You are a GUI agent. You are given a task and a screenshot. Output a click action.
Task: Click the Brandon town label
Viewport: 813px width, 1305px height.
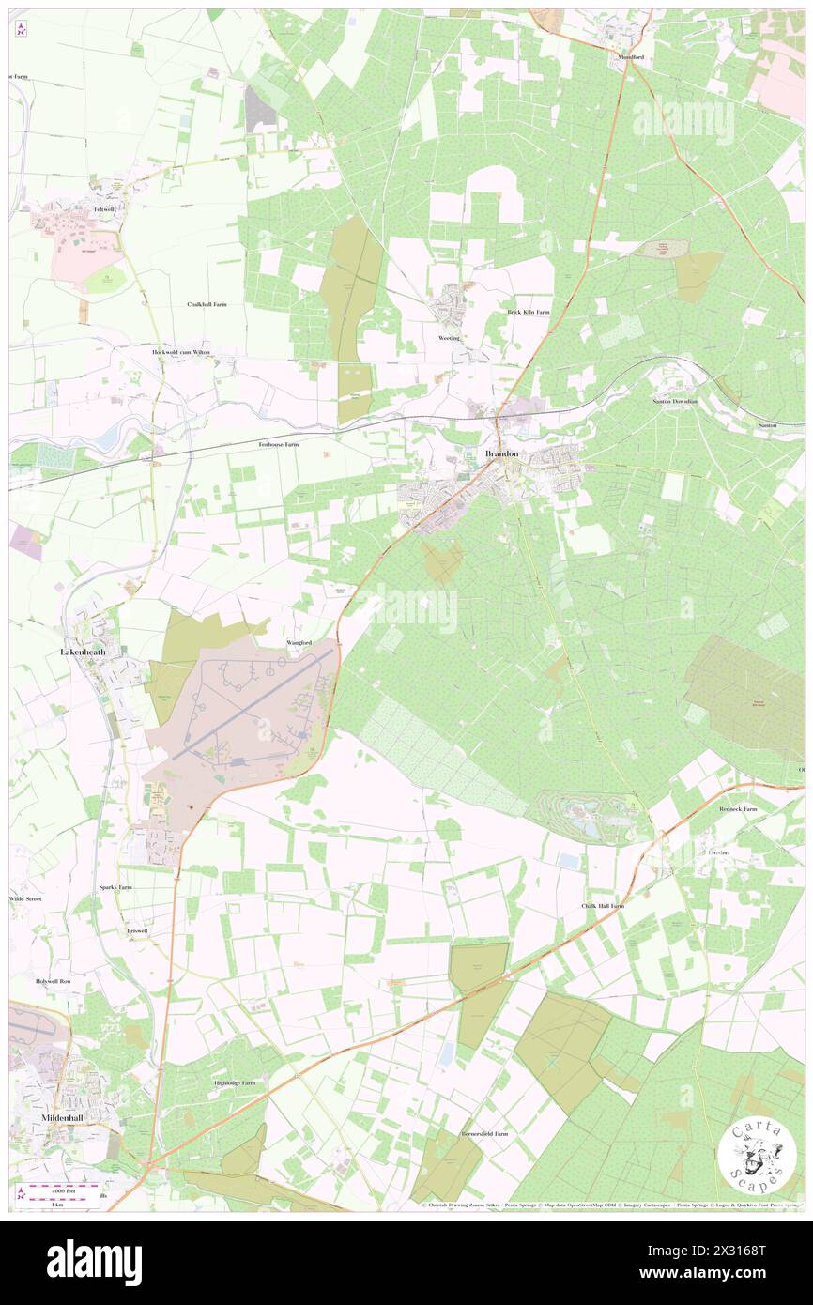502,454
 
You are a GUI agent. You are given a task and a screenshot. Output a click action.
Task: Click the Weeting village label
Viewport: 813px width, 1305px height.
450,337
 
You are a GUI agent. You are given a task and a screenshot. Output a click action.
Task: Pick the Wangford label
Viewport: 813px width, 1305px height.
299,642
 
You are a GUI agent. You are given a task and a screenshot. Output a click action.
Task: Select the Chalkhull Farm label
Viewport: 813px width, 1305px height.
207,305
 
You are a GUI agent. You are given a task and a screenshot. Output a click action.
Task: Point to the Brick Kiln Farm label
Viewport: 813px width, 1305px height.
529,312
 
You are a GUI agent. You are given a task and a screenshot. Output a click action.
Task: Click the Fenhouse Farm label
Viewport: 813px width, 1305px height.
279,443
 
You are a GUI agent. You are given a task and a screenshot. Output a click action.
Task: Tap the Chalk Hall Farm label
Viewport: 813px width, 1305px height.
603,906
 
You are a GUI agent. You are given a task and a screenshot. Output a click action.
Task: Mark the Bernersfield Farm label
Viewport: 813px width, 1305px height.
483,1133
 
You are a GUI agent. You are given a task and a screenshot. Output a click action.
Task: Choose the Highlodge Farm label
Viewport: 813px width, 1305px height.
235,1082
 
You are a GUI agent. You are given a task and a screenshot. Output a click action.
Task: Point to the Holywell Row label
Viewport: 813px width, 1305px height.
54,980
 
